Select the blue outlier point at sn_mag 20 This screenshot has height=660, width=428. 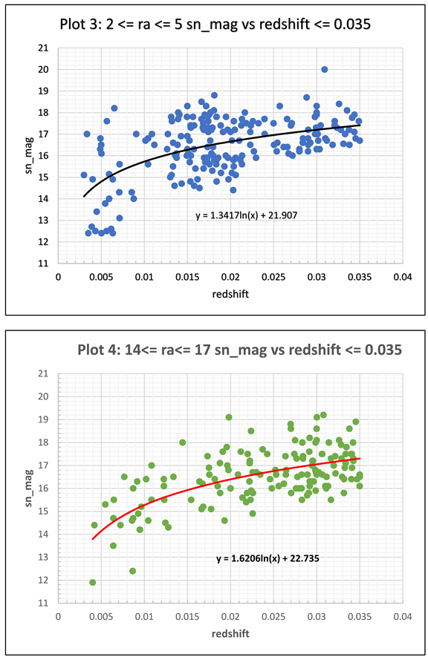pyautogui.click(x=325, y=69)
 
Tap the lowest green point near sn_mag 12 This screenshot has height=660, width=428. pyautogui.click(x=92, y=582)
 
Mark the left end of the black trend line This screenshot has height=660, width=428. pyautogui.click(x=83, y=197)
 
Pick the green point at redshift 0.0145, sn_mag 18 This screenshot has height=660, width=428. pyautogui.click(x=182, y=442)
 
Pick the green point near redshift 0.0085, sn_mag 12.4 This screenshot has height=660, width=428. pyautogui.click(x=132, y=571)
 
